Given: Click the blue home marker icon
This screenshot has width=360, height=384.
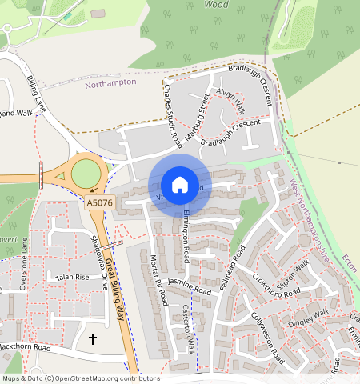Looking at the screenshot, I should pos(180,185).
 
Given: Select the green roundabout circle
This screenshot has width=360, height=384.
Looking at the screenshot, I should pos(86,173).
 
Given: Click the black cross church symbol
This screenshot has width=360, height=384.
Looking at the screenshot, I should pos(92,339).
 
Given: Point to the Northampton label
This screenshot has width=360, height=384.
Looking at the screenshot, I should pos(110,82).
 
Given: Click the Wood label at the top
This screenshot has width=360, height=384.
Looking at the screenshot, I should pos(216,4).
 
